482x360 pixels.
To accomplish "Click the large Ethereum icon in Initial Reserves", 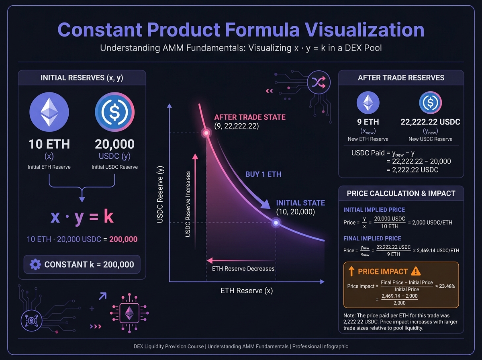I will pyautogui.click(x=49, y=111).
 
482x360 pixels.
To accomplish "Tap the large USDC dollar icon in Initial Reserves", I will pyautogui.click(x=114, y=111).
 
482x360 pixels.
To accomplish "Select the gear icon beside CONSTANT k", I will pyautogui.click(x=35, y=264).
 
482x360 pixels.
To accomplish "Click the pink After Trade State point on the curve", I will pyautogui.click(x=206, y=133).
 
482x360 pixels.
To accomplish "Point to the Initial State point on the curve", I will pyautogui.click(x=276, y=222).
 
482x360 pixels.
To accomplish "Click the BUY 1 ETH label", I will pyautogui.click(x=263, y=174).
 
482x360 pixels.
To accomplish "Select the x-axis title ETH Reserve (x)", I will pyautogui.click(x=247, y=290).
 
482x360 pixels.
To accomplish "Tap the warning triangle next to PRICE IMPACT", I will pyautogui.click(x=416, y=271).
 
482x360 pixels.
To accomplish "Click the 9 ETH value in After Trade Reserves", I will pyautogui.click(x=368, y=122).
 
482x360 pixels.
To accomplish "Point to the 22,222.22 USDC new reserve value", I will pyautogui.click(x=430, y=122).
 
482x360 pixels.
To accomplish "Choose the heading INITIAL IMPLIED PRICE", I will pyautogui.click(x=374, y=210).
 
